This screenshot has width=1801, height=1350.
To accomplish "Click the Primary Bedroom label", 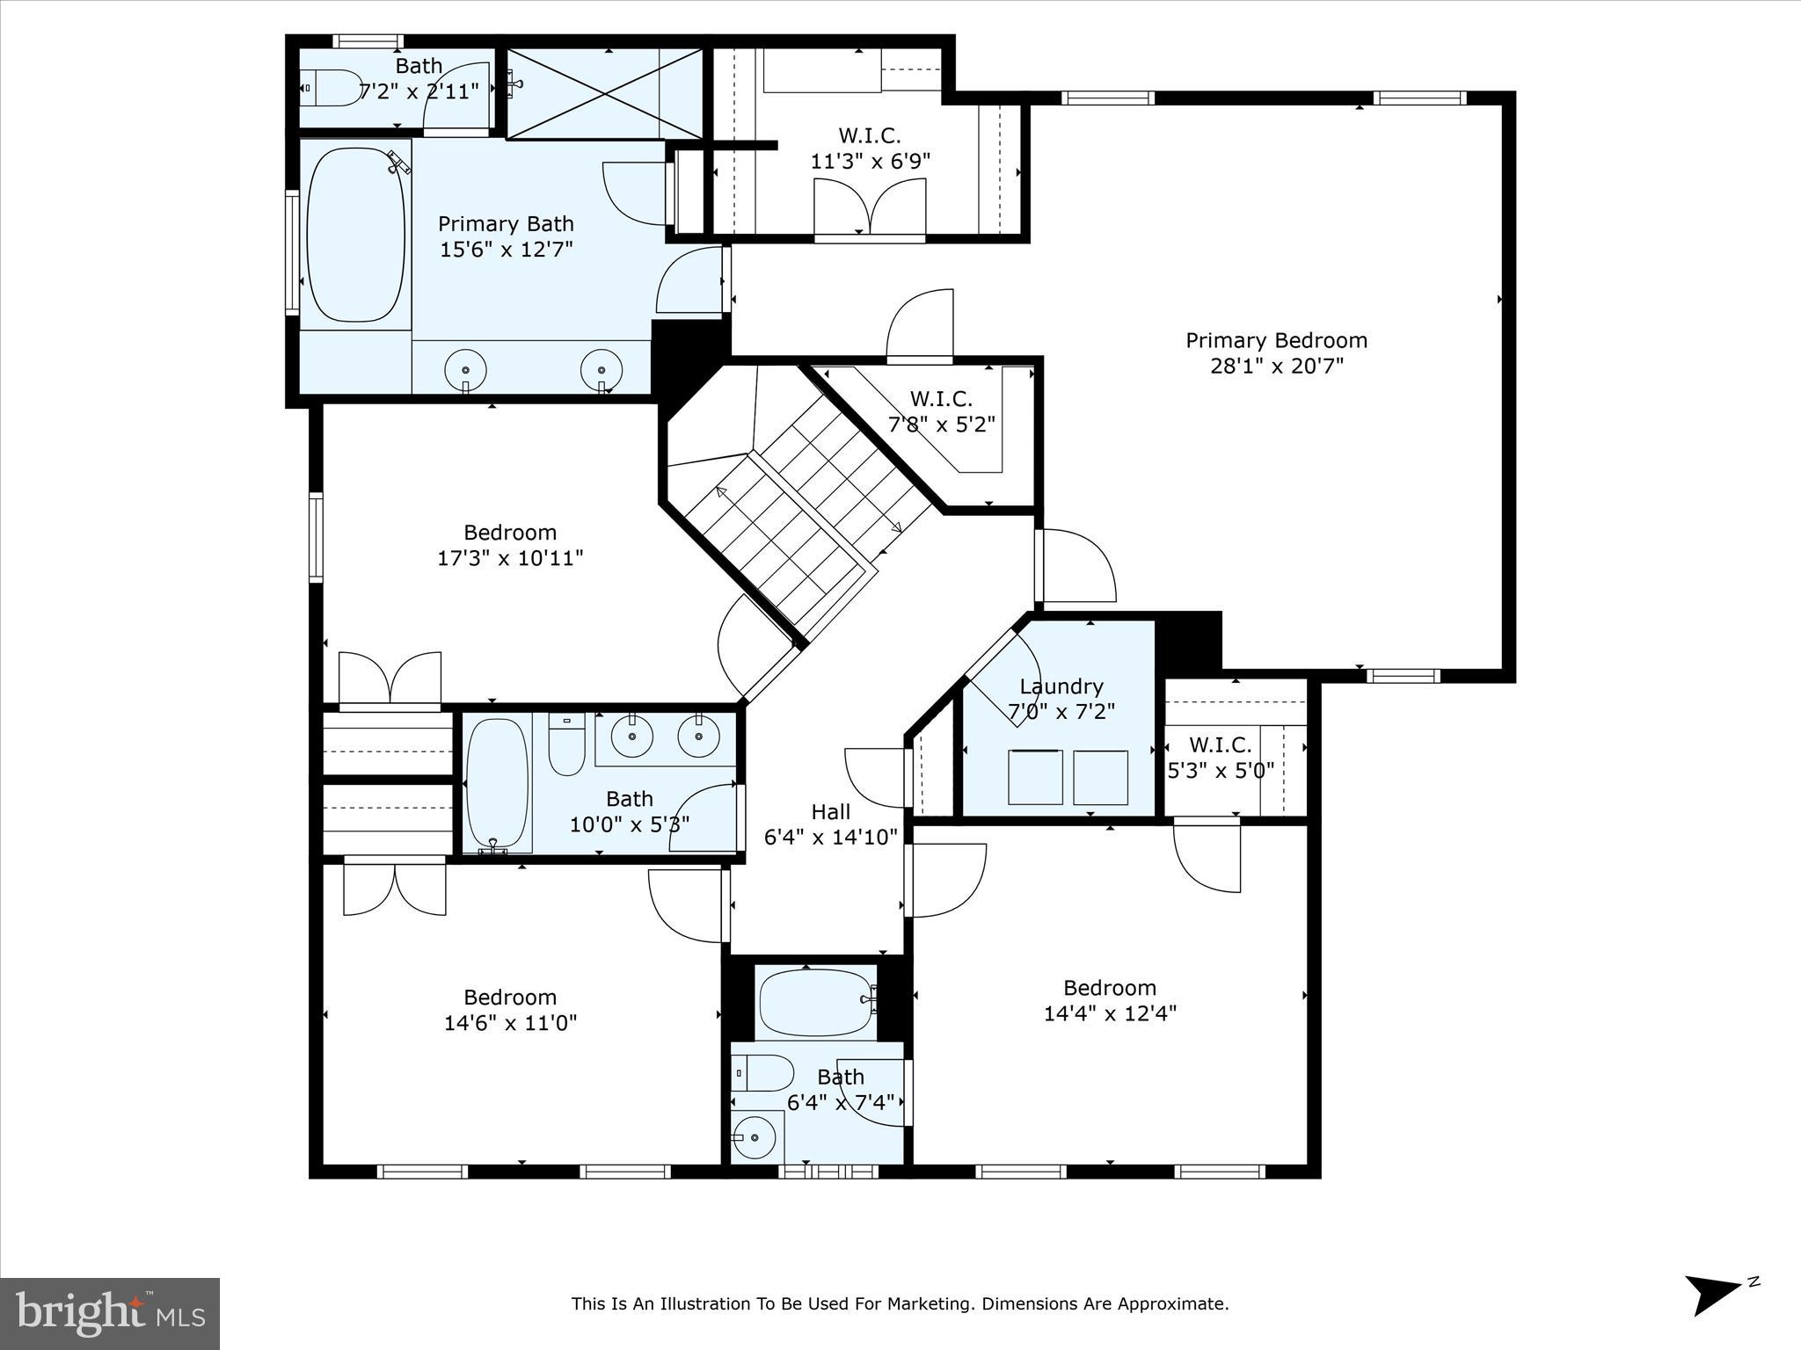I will pos(1276,341).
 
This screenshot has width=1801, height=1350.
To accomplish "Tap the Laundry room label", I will pos(1061,686).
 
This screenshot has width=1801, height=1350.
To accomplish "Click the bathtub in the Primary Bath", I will pos(355,235).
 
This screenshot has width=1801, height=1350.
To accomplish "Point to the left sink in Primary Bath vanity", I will pos(465,369).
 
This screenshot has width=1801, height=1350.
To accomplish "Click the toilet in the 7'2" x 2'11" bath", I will pos(333,88).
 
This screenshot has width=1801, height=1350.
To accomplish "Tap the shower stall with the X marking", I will pos(605,93).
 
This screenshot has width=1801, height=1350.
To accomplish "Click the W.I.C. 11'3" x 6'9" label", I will pos(869,136).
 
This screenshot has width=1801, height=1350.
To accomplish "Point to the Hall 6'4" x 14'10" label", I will pos(830,812).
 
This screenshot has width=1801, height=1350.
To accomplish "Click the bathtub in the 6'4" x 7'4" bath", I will pos(815,1002).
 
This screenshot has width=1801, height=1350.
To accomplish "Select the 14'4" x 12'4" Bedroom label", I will pos(1109,988).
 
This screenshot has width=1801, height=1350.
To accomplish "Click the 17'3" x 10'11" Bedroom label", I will pos(510,533).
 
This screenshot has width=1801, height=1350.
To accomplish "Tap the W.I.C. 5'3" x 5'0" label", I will pos(1220,745).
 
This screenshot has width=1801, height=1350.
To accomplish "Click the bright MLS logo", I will pos(110,1314).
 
